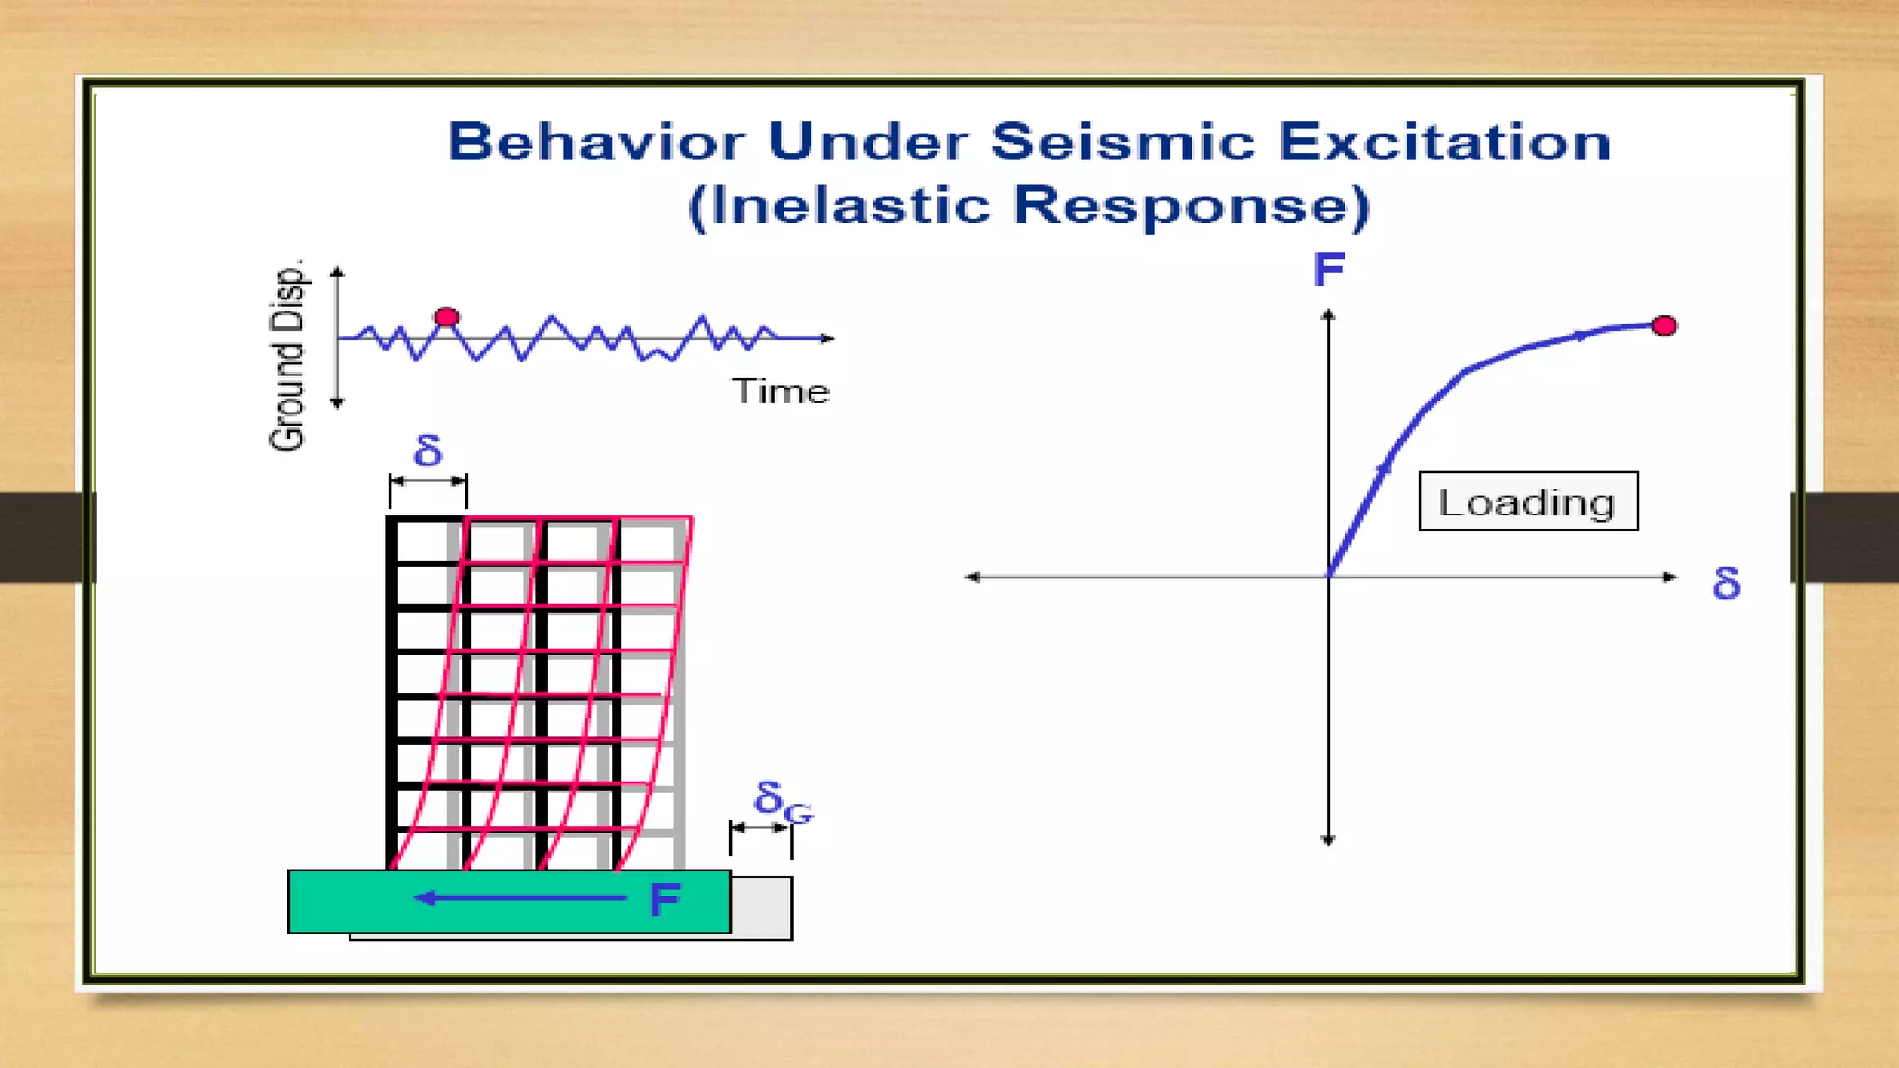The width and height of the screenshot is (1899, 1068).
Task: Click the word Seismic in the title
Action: [x=1123, y=143]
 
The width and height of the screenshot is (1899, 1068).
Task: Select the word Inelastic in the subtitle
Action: [x=851, y=206]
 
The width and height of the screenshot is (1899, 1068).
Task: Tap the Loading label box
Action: [x=1528, y=502]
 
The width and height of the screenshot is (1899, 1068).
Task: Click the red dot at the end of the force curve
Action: [x=1664, y=325]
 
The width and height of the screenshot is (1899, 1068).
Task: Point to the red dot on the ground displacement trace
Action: [x=447, y=317]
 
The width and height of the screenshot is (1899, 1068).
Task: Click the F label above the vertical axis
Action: [x=1329, y=271]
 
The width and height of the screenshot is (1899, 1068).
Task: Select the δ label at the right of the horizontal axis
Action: [x=1726, y=584]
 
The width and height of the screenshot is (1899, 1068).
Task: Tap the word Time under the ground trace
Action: [x=781, y=391]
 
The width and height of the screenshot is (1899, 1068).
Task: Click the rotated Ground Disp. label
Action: [x=287, y=355]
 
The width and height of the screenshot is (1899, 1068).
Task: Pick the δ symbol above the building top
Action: [x=427, y=451]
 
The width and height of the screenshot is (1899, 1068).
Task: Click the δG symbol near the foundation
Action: [x=782, y=800]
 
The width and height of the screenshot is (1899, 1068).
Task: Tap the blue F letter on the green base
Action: [x=665, y=900]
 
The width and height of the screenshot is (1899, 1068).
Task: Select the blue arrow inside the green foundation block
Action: [x=519, y=897]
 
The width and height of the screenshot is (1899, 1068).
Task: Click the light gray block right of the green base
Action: [x=761, y=906]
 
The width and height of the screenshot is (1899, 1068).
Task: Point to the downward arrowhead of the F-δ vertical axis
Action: [x=1328, y=840]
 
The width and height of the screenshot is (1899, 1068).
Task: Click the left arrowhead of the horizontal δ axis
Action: [x=972, y=577]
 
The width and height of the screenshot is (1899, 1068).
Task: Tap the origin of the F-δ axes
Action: [x=1328, y=577]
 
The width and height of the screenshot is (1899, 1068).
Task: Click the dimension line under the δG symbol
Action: [x=760, y=827]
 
